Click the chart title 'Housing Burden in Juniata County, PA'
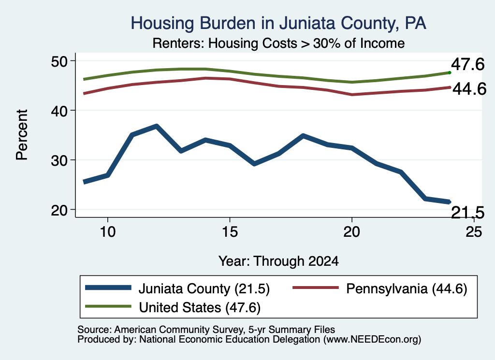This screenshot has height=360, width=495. (278, 23)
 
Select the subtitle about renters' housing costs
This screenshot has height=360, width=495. (278, 43)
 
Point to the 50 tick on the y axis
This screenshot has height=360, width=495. (59, 61)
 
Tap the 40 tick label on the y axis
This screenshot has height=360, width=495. (59, 111)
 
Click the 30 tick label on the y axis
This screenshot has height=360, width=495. (59, 160)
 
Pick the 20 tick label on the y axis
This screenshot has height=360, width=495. (59, 210)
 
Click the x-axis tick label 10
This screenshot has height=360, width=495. (108, 232)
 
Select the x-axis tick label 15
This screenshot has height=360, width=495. (230, 232)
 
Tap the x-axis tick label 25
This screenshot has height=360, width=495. (474, 232)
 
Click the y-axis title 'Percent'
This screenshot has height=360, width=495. (22, 135)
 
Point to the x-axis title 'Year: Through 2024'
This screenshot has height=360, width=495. (278, 261)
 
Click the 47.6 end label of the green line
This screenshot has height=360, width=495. (467, 64)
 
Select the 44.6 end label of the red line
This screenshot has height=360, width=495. (469, 89)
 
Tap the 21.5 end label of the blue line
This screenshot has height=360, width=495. (467, 212)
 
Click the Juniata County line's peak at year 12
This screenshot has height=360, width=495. (156, 126)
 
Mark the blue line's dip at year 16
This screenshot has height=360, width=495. (254, 163)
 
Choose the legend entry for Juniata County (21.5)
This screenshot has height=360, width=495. (177, 288)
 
